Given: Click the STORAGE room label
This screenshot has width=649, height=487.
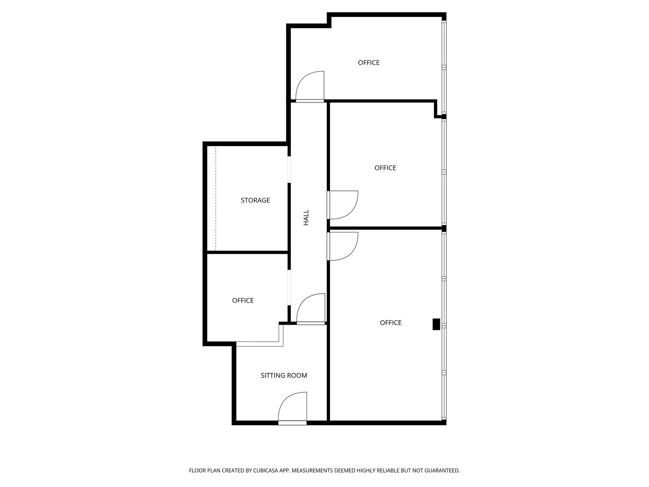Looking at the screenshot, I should (x=255, y=200).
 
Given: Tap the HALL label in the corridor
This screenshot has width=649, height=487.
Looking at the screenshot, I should (x=306, y=217).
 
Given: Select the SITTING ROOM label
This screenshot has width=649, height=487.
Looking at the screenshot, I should (x=284, y=375).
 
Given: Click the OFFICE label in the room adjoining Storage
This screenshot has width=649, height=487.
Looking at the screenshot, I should (x=243, y=300).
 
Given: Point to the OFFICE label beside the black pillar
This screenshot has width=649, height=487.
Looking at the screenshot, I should (x=390, y=322).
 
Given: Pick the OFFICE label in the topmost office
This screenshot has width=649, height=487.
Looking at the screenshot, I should (x=369, y=63).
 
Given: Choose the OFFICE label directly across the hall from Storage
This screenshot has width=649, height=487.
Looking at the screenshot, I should (x=385, y=168).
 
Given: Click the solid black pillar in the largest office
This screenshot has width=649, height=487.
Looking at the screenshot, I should (x=436, y=324).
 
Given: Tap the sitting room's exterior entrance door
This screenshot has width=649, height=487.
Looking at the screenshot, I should (x=293, y=408).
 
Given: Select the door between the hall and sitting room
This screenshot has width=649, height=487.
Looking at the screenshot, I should (x=311, y=309).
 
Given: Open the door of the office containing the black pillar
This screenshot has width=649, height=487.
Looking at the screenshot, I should (x=343, y=246).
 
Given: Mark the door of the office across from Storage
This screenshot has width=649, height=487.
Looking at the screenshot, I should (x=343, y=205).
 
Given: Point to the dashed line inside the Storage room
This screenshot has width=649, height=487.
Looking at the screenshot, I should (x=215, y=198).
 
